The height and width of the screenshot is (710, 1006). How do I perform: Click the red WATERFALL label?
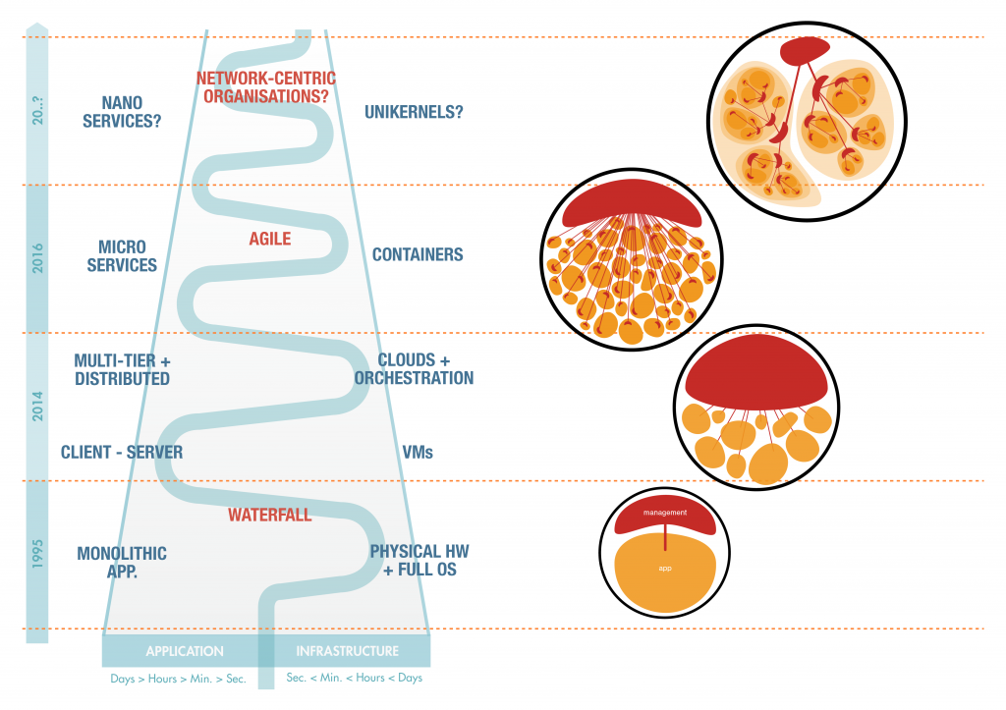(270, 515)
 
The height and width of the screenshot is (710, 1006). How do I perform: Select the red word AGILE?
(270, 239)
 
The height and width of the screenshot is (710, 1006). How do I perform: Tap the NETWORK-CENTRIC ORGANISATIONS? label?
(265, 87)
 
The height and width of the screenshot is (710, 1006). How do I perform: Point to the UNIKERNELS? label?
(414, 112)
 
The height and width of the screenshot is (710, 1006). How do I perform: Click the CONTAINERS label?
(418, 255)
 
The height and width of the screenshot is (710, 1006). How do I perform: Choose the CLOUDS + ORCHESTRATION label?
(414, 369)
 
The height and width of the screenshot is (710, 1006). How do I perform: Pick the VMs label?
(418, 453)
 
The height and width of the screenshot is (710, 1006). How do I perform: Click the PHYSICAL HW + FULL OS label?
(414, 561)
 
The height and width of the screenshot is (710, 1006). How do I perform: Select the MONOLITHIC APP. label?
(122, 563)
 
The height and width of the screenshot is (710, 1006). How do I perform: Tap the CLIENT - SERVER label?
(122, 453)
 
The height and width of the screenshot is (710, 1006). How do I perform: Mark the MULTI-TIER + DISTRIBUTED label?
(122, 370)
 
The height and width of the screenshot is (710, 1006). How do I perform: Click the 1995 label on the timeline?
(37, 555)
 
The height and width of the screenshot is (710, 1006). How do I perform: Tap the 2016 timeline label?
(37, 257)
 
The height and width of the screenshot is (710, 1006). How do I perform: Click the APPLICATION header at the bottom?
(185, 651)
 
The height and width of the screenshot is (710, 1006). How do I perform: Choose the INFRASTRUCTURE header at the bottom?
(348, 651)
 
